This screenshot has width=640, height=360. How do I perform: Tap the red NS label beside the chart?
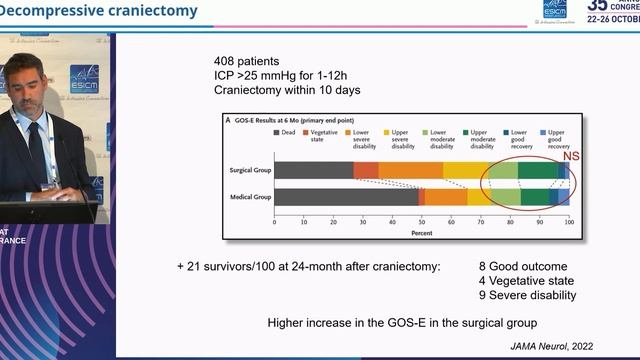[x=571, y=156]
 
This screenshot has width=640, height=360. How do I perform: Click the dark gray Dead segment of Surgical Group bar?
[x=313, y=171]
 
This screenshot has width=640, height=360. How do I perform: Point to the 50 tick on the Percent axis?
[x=422, y=222]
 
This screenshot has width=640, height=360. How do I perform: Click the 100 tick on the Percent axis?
[x=568, y=222]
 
